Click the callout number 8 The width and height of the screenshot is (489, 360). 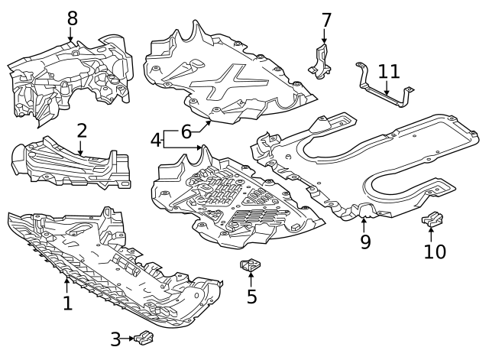73,18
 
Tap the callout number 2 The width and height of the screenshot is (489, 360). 82,131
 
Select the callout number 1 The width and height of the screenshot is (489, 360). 68,303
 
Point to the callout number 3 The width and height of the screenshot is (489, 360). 115,339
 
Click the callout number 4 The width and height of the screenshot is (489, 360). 155,140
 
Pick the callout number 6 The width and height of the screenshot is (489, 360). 186,132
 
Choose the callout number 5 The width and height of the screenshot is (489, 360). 251,297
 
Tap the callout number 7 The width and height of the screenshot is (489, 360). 326,21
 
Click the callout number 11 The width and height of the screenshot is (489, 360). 389,71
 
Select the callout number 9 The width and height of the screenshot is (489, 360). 365,242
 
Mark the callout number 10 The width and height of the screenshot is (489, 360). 435,251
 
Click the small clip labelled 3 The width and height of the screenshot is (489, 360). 144,338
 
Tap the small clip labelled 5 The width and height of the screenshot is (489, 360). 250,266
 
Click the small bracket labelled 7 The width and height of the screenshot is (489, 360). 320,62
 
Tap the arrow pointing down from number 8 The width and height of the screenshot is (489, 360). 71,34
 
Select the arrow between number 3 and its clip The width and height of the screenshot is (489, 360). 128,339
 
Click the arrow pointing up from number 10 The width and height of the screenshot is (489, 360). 431,235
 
